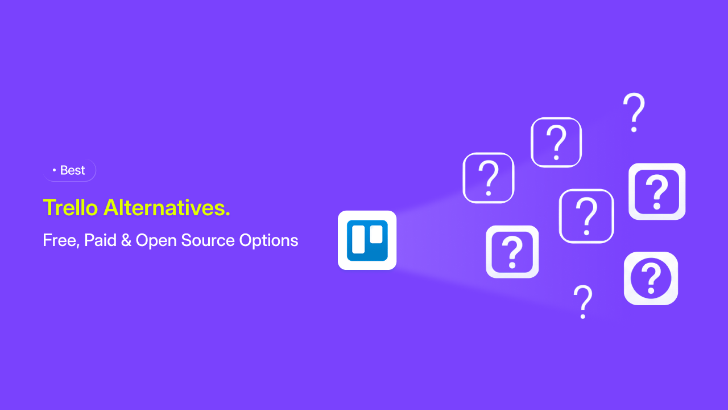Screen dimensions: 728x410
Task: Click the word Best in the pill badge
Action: [x=72, y=170]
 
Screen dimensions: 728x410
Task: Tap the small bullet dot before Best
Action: [x=54, y=170]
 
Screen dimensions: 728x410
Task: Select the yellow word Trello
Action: [x=71, y=207]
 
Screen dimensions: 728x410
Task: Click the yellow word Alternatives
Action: [x=164, y=207]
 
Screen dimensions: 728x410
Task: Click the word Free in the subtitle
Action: [x=60, y=240]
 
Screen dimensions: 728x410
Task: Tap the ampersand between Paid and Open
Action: [x=126, y=240]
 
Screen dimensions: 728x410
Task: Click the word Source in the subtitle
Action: [x=208, y=240]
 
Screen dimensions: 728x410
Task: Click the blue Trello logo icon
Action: [x=367, y=240]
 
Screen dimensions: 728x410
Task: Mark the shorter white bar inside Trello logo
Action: [x=377, y=234]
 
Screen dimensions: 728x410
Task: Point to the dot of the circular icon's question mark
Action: [x=651, y=290]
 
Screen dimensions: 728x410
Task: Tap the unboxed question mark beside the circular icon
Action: [x=583, y=302]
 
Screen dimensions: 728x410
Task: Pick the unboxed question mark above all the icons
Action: [x=634, y=113]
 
